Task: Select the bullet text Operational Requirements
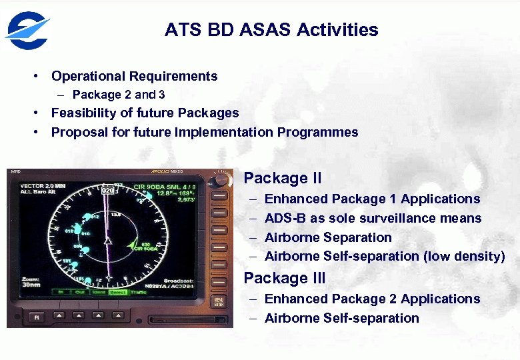click(x=134, y=76)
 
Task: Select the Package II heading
click(x=282, y=178)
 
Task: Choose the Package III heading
click(x=284, y=278)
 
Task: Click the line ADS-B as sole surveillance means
click(x=373, y=218)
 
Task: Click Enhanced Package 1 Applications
click(x=372, y=199)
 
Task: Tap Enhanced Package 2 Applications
click(x=372, y=299)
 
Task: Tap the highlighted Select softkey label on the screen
click(x=118, y=292)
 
